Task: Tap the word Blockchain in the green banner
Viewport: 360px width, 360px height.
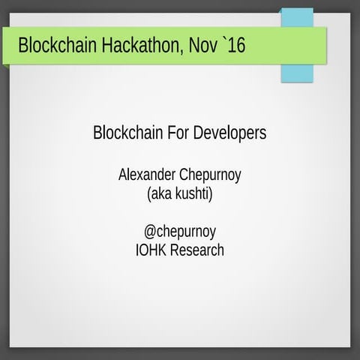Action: click(x=57, y=46)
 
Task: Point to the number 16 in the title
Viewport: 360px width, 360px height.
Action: click(x=236, y=46)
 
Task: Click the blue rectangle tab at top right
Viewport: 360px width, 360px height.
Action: click(x=296, y=45)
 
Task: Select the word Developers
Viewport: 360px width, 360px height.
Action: click(x=231, y=134)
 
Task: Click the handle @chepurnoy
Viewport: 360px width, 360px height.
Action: click(x=180, y=232)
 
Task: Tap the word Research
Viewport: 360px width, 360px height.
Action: click(x=197, y=250)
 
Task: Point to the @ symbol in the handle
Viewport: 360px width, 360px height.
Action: click(x=150, y=232)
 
